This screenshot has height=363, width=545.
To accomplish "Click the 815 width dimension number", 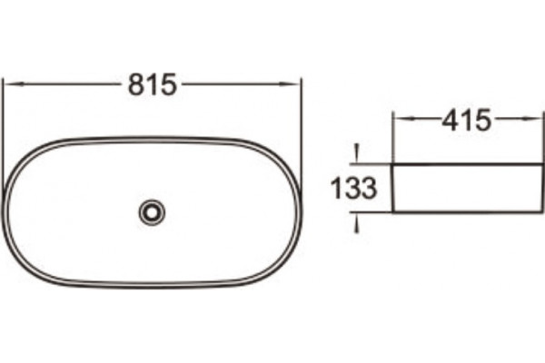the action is pyautogui.click(x=153, y=84).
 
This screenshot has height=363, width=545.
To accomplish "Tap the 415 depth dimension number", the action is pyautogui.click(x=467, y=120).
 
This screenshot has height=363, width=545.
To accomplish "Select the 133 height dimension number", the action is pyautogui.click(x=354, y=188).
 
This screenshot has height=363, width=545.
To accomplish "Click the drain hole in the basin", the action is pyautogui.click(x=152, y=211).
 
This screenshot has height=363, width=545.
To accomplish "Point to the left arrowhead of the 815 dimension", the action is pyautogui.click(x=14, y=83).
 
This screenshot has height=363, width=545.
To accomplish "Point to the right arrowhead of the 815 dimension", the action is pyautogui.click(x=291, y=83).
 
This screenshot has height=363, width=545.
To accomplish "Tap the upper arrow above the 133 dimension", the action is pyautogui.click(x=356, y=154).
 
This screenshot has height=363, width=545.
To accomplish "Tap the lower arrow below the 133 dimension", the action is pyautogui.click(x=356, y=222).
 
